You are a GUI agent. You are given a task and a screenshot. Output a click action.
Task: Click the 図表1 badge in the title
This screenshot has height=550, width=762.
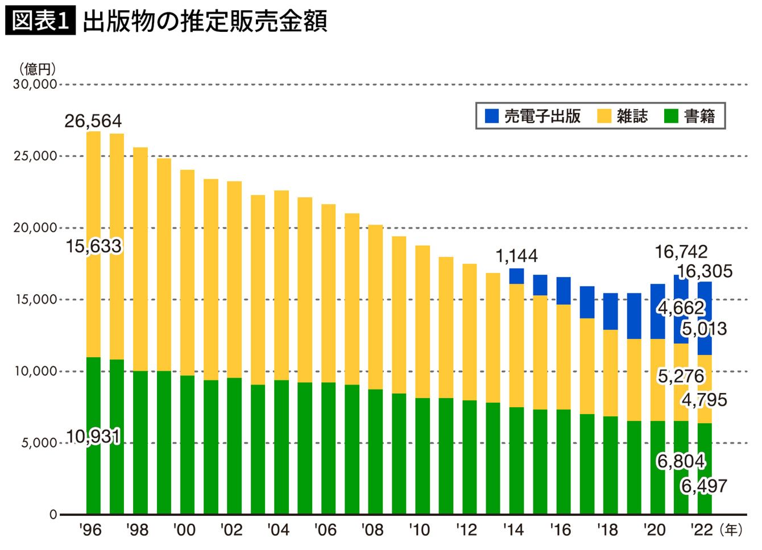click(40, 20)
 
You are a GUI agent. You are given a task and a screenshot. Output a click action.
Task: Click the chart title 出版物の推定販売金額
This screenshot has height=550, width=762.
click(205, 21)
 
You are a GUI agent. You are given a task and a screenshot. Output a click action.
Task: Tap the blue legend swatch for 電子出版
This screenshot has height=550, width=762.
click(491, 115)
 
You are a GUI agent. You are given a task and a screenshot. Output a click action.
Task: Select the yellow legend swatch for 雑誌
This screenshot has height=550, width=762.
click(604, 115)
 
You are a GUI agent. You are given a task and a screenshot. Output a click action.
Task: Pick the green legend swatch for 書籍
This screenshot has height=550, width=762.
click(671, 115)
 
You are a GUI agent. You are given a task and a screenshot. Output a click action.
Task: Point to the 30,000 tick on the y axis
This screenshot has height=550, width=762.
click(35, 84)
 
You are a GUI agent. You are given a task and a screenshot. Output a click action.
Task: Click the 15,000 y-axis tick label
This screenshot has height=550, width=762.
click(36, 300)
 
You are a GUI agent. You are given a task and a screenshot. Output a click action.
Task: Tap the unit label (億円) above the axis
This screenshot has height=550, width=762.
click(37, 69)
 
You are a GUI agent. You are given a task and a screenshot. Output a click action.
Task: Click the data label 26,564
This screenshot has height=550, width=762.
click(93, 121)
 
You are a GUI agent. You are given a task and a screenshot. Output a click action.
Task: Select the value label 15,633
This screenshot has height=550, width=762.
click(94, 246)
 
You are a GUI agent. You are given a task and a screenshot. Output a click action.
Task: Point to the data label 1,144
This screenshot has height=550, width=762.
click(516, 256)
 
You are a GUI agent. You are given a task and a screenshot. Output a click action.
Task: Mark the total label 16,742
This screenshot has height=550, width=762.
click(681, 252)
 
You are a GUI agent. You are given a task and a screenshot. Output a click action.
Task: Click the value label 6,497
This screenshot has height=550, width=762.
click(704, 486)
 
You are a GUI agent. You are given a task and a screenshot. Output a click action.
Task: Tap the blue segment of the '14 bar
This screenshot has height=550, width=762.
click(516, 276)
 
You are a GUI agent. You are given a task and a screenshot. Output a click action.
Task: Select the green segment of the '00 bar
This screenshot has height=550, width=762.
click(188, 445)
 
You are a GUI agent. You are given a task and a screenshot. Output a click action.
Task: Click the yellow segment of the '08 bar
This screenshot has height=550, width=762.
click(375, 307)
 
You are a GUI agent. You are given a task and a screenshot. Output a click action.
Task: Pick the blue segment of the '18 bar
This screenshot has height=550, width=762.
click(610, 312)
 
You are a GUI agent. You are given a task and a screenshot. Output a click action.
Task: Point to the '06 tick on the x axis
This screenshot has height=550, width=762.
click(325, 530)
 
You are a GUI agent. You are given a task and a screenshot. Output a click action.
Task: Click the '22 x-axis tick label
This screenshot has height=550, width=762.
click(702, 530)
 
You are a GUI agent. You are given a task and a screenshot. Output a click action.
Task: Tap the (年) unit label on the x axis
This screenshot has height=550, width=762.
click(731, 530)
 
